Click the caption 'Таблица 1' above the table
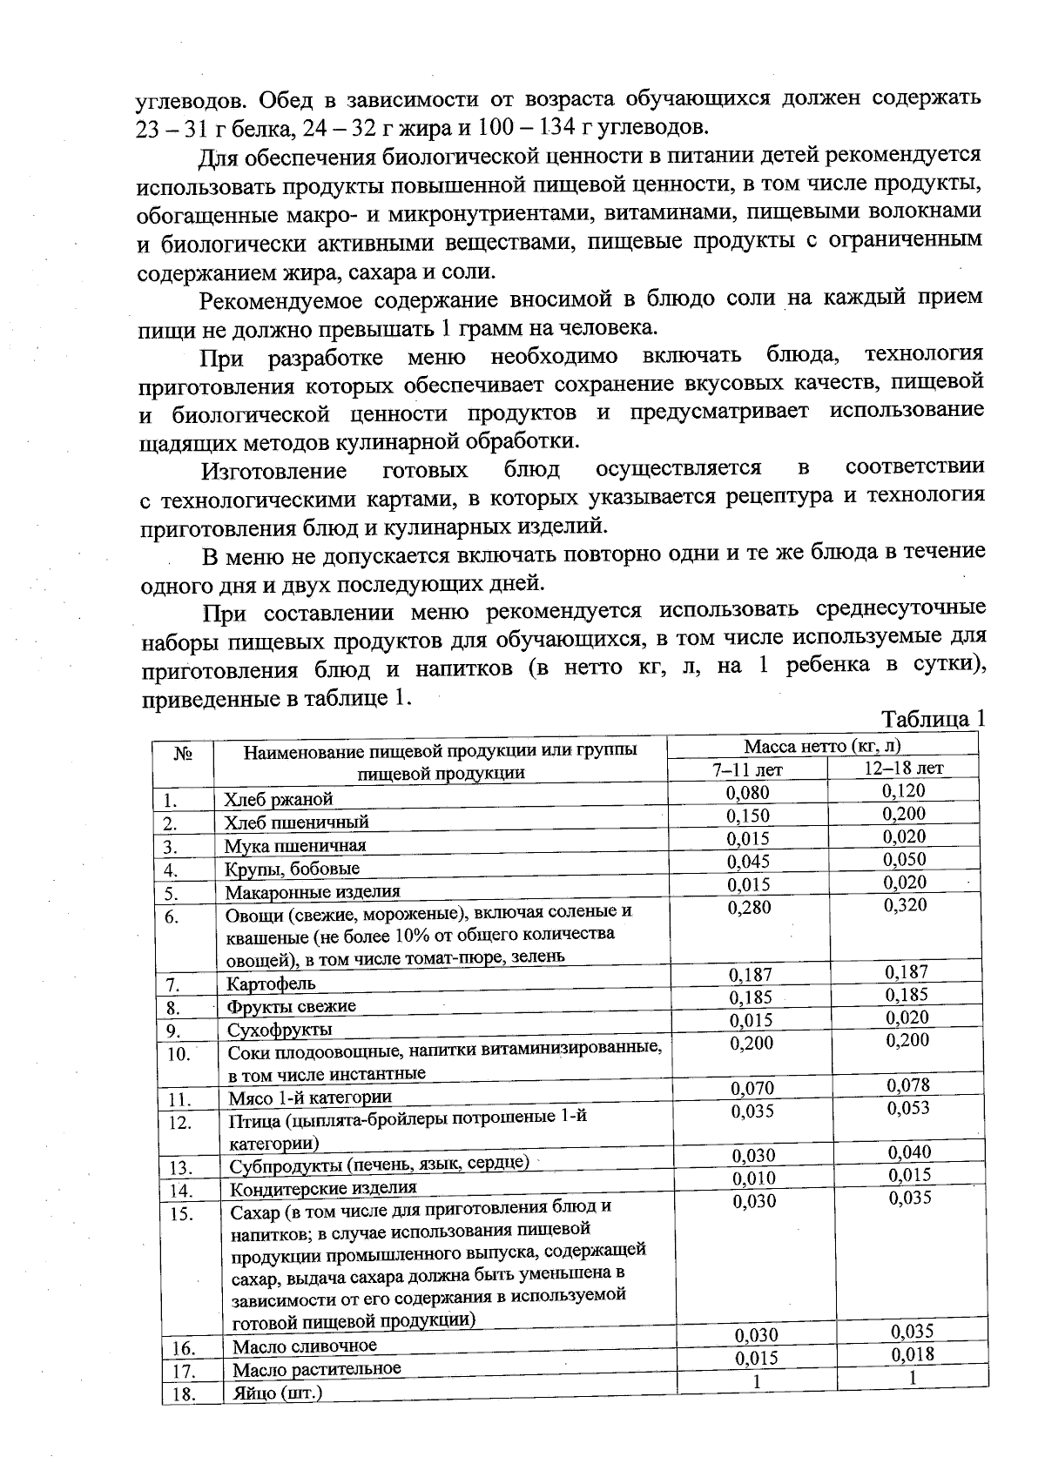pyautogui.click(x=933, y=720)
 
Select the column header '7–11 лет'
pyautogui.click(x=748, y=769)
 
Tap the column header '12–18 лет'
pyautogui.click(x=903, y=768)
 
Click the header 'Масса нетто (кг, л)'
pyautogui.click(x=821, y=746)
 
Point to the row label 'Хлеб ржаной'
pyautogui.click(x=278, y=799)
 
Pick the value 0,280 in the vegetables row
pyautogui.click(x=749, y=908)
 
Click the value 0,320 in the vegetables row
pyautogui.click(x=905, y=905)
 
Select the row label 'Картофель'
pyautogui.click(x=271, y=984)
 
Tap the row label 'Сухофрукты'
pyautogui.click(x=280, y=1031)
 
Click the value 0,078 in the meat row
pyautogui.click(x=908, y=1085)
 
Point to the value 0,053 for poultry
pyautogui.click(x=908, y=1108)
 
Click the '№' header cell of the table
pyautogui.click(x=182, y=755)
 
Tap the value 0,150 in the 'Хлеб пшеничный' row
pyautogui.click(x=748, y=816)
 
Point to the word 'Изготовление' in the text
pyautogui.click(x=274, y=472)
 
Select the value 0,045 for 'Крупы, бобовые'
pyautogui.click(x=748, y=862)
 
